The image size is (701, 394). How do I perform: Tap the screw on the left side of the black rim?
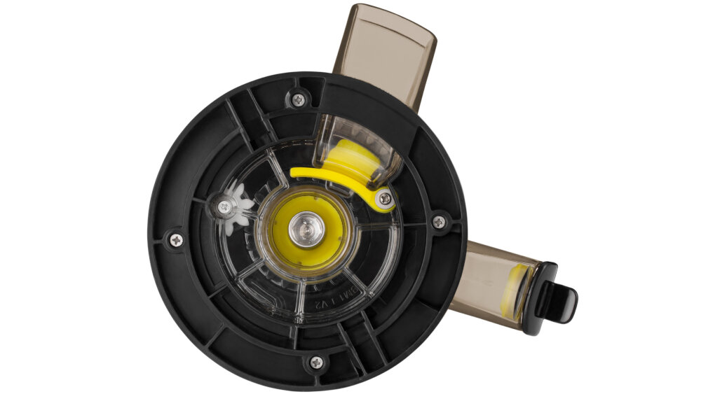pyautogui.click(x=175, y=240)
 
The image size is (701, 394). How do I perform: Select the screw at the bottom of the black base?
pyautogui.click(x=316, y=363)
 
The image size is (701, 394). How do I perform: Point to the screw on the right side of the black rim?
pyautogui.click(x=439, y=222)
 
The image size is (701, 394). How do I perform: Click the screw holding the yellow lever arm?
pyautogui.click(x=385, y=199)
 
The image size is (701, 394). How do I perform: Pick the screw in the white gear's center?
pyautogui.click(x=224, y=206)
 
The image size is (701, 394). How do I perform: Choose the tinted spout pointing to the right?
pyautogui.click(x=494, y=283)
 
